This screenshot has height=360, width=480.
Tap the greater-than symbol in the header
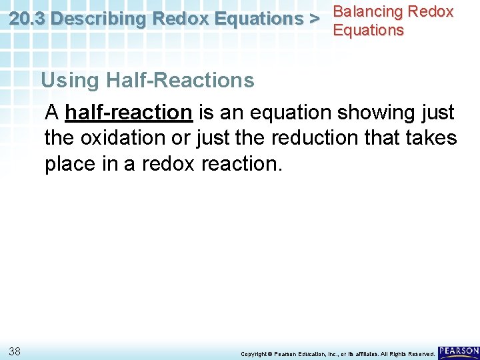pyautogui.click(x=314, y=19)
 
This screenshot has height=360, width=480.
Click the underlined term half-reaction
pyautogui.click(x=128, y=113)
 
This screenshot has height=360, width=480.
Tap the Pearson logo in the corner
pyautogui.click(x=459, y=351)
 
